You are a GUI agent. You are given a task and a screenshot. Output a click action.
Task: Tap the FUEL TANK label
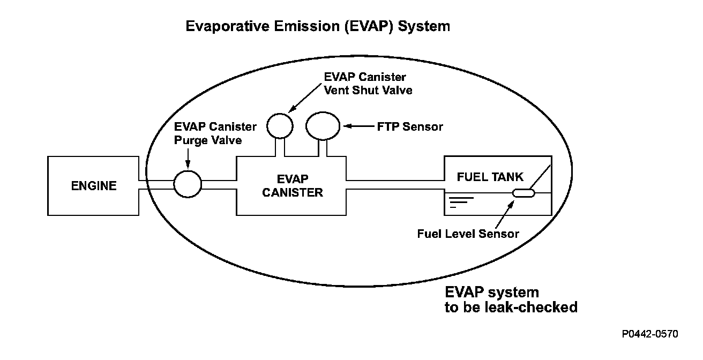[x=490, y=177]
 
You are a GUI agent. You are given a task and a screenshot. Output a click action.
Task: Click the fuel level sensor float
[x=523, y=193]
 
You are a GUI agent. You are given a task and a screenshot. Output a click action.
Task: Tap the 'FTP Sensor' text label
[x=410, y=126]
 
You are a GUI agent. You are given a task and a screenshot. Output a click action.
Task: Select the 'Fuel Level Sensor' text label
[x=468, y=234]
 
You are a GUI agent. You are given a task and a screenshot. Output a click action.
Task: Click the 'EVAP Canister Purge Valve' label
[x=215, y=133]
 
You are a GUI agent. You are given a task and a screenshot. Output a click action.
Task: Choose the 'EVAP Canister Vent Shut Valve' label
[x=368, y=84]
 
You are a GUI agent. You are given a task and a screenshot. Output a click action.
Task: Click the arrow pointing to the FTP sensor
[x=358, y=126]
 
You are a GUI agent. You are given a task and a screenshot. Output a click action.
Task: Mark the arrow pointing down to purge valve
[x=188, y=159]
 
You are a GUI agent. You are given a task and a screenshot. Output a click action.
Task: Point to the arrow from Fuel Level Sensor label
[x=505, y=214]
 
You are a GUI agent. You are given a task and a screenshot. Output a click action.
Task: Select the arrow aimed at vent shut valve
[x=305, y=98]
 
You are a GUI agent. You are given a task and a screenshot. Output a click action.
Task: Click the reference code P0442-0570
[x=650, y=334]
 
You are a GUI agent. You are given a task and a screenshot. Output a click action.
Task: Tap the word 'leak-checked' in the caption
[x=531, y=307]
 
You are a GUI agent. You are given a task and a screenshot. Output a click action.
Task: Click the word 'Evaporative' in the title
[x=228, y=26]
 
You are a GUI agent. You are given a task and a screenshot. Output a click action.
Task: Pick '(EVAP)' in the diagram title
[x=369, y=26]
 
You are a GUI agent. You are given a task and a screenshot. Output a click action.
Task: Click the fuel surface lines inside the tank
[x=461, y=202]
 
